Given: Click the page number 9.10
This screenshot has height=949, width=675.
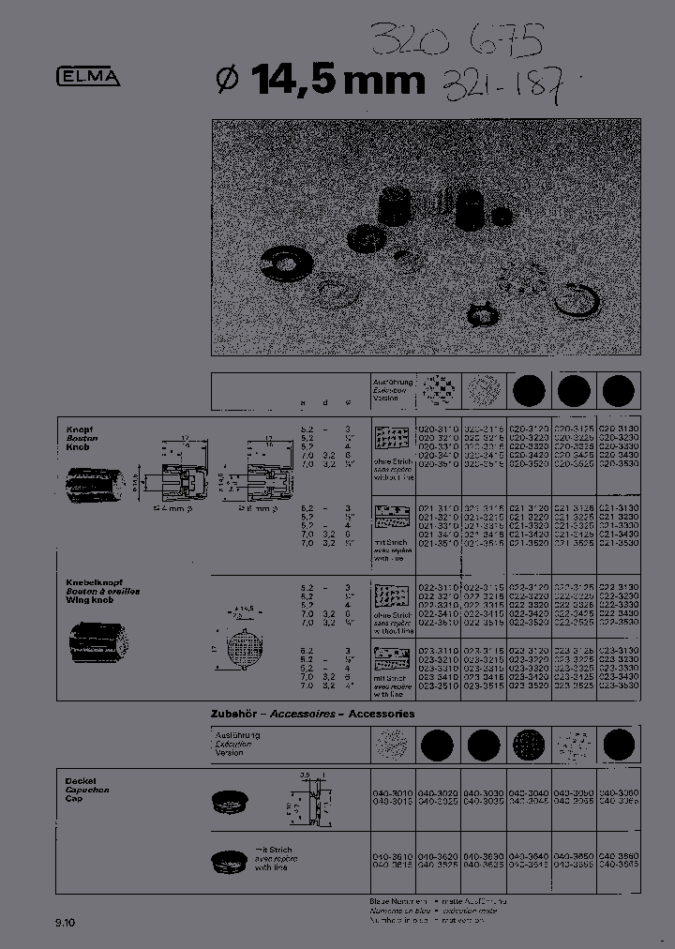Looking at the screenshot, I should (x=66, y=924).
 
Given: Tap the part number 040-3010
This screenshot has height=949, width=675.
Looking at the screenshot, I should (x=391, y=793).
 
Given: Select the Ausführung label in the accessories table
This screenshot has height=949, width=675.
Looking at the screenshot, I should (x=237, y=735).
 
